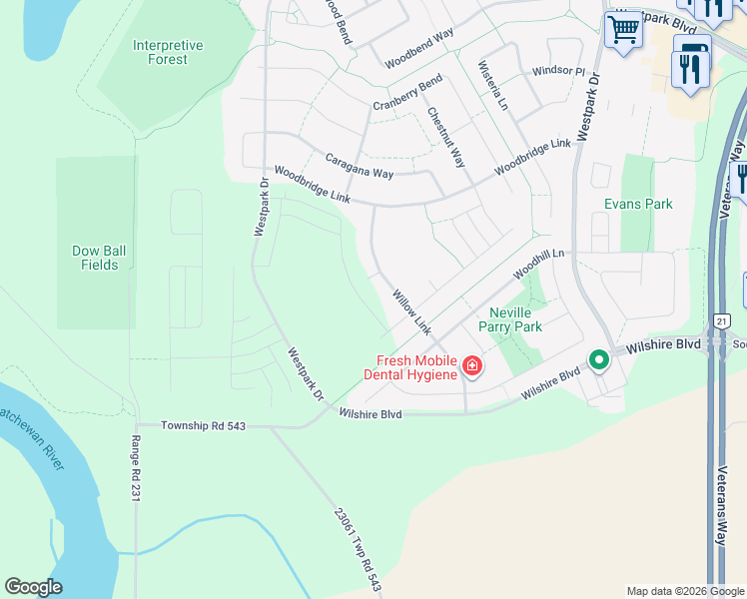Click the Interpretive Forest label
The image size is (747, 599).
pyautogui.click(x=168, y=52)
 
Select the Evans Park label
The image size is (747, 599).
pyautogui.click(x=638, y=204)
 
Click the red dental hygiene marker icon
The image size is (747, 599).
pyautogui.click(x=471, y=367)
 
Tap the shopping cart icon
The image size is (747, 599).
pyautogui.click(x=623, y=30)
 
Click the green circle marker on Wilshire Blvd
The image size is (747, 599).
pyautogui.click(x=598, y=359)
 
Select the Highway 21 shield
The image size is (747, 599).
pyautogui.click(x=722, y=320)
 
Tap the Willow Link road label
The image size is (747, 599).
pyautogui.click(x=411, y=312)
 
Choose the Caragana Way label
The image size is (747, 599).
pyautogui.click(x=360, y=166)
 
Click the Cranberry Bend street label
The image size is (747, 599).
pyautogui.click(x=407, y=93)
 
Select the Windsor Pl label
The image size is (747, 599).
pyautogui.click(x=558, y=71)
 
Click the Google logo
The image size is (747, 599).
pyautogui.click(x=33, y=587)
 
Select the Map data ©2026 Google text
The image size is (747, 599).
pyautogui.click(x=684, y=591)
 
